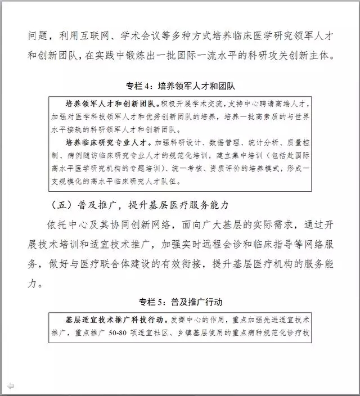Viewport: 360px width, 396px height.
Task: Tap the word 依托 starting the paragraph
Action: [x=60, y=225]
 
